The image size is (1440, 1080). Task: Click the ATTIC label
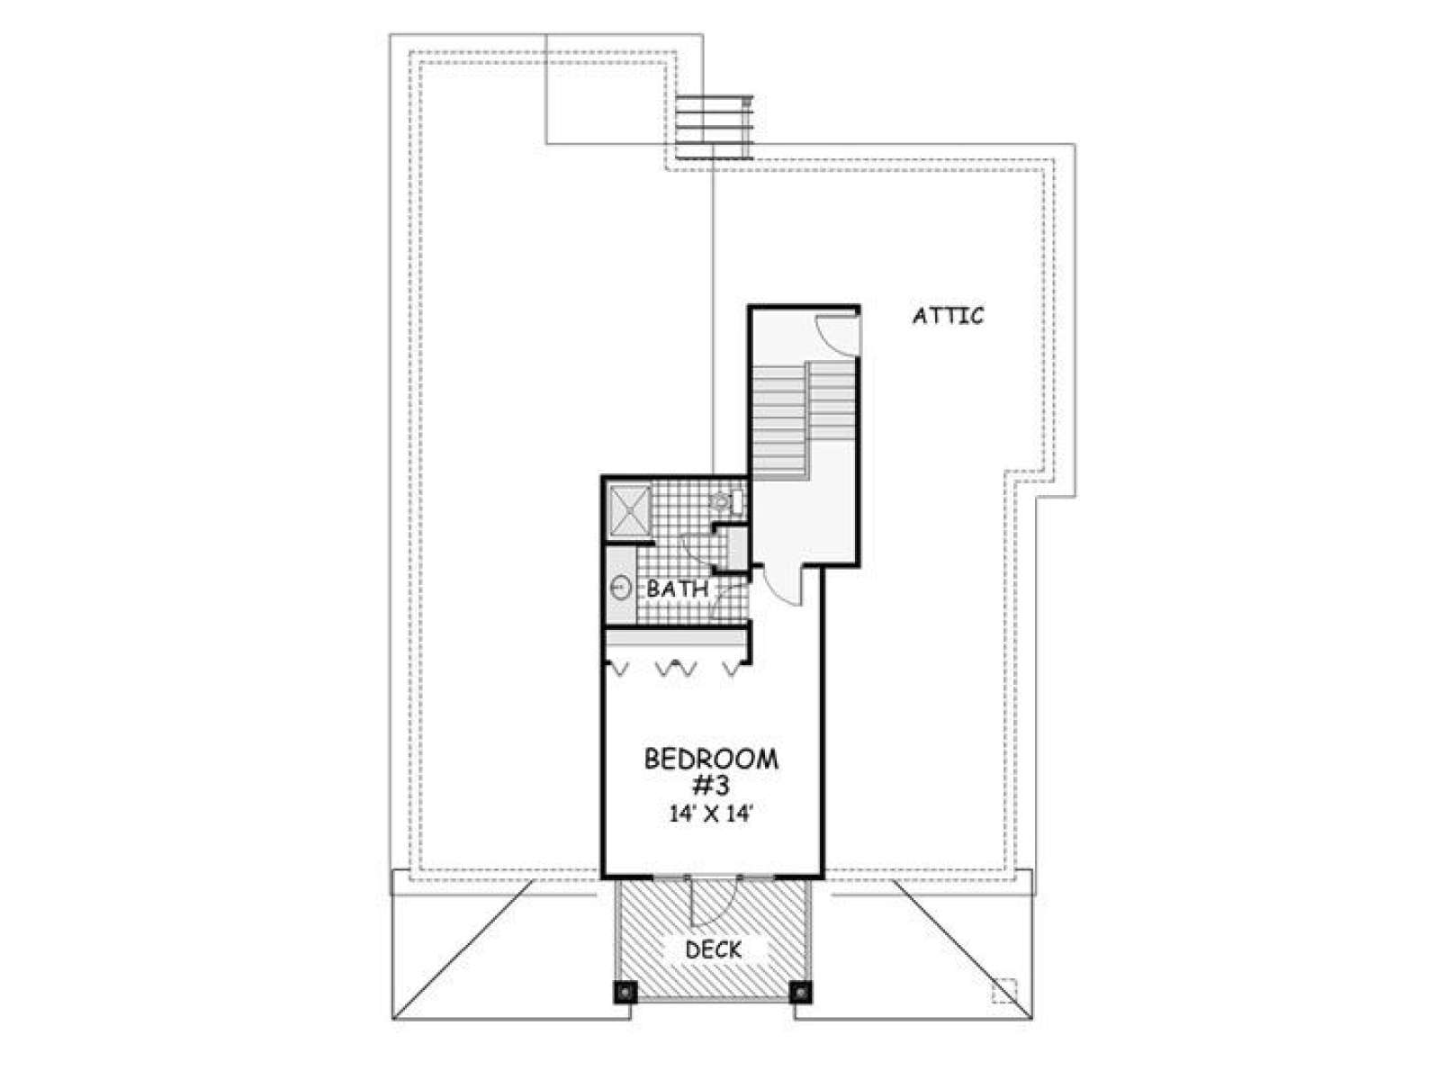(x=948, y=316)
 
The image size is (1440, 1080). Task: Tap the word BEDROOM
(x=711, y=760)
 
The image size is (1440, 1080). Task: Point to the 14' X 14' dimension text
(x=710, y=814)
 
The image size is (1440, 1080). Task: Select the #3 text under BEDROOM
(x=712, y=787)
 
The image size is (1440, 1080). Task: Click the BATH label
(x=678, y=589)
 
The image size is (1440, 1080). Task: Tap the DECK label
(x=713, y=949)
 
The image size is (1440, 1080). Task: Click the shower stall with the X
(x=629, y=511)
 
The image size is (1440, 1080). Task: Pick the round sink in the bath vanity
(x=621, y=587)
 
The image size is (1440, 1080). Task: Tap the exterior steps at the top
(x=715, y=127)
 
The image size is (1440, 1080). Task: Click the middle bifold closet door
(x=677, y=669)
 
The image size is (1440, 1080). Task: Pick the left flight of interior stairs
(x=778, y=419)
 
